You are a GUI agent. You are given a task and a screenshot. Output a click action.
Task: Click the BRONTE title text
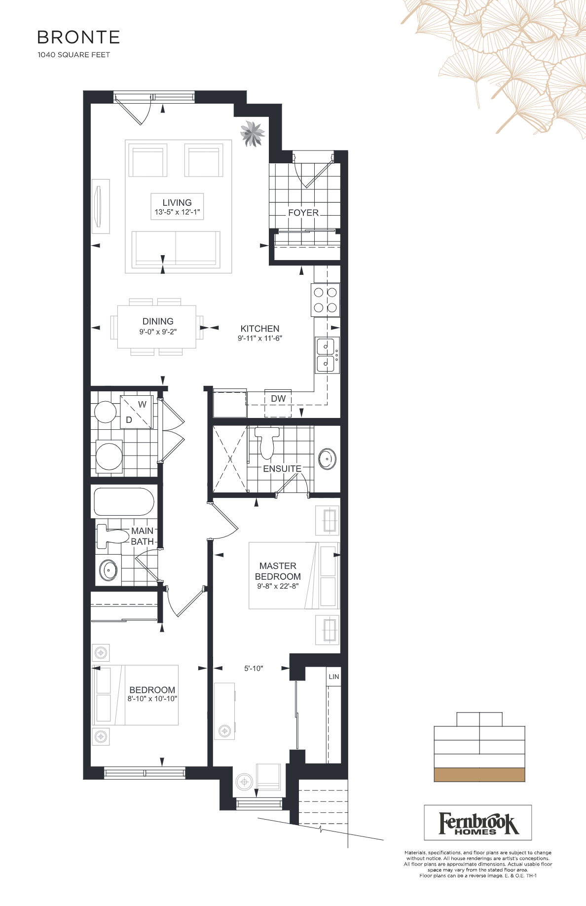point(78,38)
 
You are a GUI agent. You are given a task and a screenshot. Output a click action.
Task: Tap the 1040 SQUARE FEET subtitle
point(74,55)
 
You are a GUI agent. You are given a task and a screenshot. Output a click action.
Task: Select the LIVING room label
point(177,202)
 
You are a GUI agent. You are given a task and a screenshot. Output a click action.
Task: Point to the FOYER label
point(303,213)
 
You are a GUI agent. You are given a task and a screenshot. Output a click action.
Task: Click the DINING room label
point(158,321)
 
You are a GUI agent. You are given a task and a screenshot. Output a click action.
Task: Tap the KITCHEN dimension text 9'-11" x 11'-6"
point(260,339)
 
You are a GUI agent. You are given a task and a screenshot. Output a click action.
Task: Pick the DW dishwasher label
point(278,399)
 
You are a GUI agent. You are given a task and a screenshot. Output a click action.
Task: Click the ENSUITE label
point(282,469)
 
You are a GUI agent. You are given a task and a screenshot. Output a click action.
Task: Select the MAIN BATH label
point(143,536)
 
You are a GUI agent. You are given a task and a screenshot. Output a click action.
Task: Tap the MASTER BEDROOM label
point(278,571)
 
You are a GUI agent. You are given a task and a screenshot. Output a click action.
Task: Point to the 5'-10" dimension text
point(254,669)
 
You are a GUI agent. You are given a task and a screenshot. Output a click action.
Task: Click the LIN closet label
point(334,677)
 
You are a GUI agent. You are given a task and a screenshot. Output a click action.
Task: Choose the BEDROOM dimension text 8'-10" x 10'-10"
point(152,699)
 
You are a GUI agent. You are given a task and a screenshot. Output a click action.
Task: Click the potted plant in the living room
point(252,134)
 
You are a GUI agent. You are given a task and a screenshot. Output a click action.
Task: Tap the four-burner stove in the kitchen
point(326,300)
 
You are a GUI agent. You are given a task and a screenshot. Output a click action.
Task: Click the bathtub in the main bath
point(124,502)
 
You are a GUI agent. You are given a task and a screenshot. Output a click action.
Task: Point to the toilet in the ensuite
point(267,442)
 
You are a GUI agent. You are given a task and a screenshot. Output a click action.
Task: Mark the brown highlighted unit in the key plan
point(479,775)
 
